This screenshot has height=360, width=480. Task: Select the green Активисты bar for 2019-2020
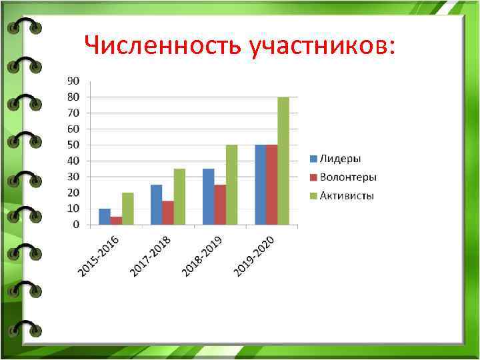283,161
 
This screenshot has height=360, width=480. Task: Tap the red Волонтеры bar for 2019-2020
271,185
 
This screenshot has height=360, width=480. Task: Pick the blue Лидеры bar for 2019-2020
260,185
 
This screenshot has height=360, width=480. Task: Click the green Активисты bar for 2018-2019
231,185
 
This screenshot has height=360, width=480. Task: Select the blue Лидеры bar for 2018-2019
208,197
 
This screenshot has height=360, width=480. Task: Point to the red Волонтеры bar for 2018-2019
220,205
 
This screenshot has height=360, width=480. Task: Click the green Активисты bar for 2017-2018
179,197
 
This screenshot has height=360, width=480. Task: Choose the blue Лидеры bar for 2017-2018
156,205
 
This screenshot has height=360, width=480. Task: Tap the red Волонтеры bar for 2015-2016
116,221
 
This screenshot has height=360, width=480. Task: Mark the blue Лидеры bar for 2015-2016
105,217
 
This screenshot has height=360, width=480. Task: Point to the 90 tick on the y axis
73,81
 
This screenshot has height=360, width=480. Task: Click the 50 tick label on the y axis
73,145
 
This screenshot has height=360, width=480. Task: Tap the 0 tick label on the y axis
76,225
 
